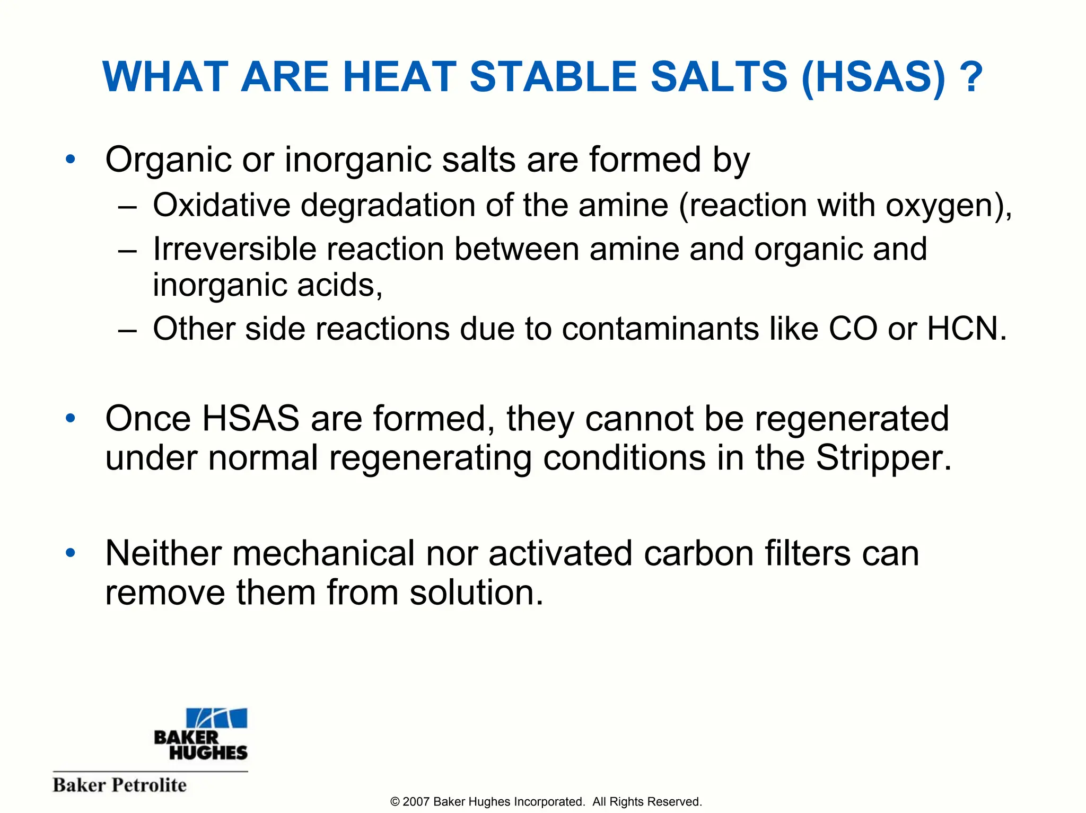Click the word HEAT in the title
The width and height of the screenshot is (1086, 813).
point(399,77)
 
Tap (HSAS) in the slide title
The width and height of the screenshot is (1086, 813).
point(873,78)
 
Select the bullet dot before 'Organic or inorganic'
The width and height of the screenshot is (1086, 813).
point(71,159)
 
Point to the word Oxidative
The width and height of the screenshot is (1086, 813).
point(222,205)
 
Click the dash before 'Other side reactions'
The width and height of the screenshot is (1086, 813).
point(128,330)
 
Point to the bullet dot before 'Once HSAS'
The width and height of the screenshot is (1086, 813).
point(71,419)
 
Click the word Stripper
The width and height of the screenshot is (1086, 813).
point(883,457)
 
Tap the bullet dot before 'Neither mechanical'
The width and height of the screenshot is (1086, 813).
point(71,553)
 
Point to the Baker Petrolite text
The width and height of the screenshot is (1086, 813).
point(120,785)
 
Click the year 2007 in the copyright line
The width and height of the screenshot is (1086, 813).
point(416,802)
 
